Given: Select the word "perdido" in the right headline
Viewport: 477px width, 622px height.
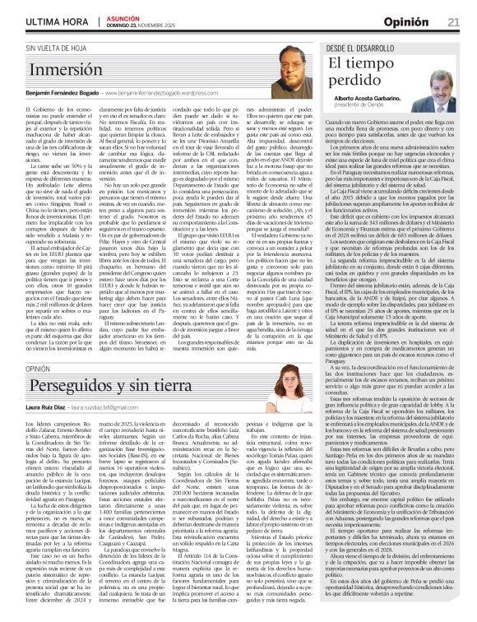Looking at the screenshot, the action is [x=354, y=81].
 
